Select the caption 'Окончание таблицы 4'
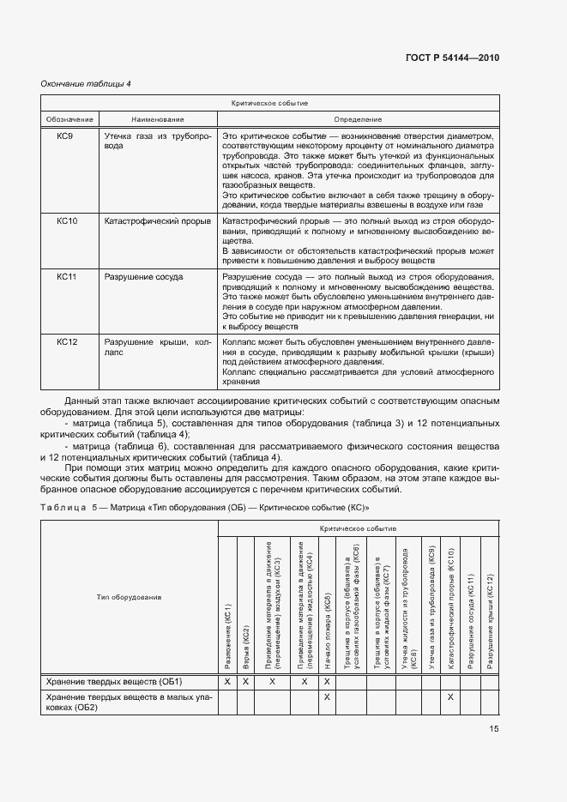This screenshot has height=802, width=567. [86, 83]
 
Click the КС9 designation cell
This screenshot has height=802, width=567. [67, 136]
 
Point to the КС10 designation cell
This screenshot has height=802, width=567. [67, 221]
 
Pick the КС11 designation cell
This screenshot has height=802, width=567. [67, 277]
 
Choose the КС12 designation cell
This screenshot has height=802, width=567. [67, 342]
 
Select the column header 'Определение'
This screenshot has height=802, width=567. [358, 119]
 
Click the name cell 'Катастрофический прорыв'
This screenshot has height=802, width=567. [157, 221]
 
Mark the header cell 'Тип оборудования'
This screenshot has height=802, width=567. [130, 596]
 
